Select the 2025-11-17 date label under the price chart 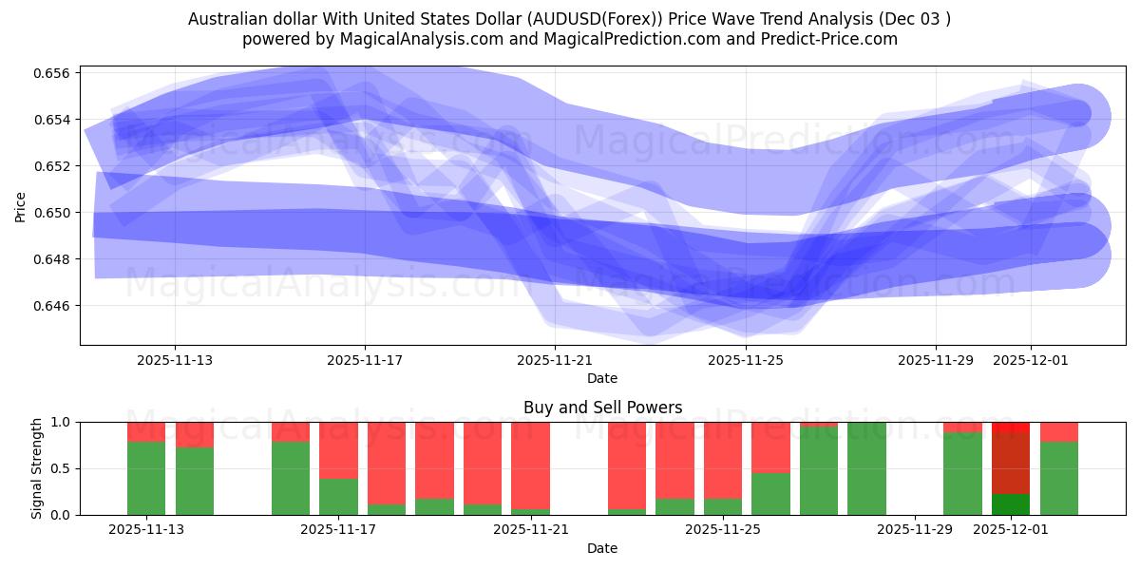click(x=365, y=360)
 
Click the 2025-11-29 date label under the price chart click(x=936, y=360)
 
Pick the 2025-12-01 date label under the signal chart click(x=1011, y=530)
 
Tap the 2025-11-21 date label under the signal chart click(x=530, y=530)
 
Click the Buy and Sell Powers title click(x=602, y=408)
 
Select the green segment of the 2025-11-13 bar click(x=146, y=478)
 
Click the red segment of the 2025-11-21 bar click(x=530, y=465)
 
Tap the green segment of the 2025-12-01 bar click(x=1011, y=504)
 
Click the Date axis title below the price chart click(x=602, y=378)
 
